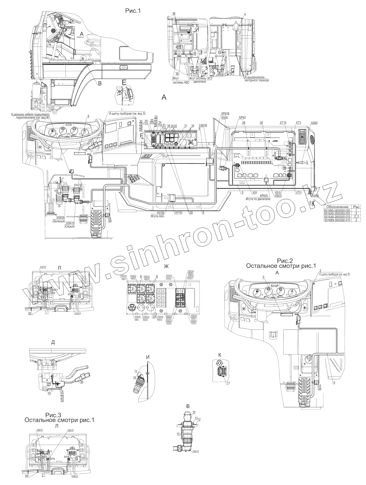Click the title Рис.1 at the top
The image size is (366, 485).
(133, 11)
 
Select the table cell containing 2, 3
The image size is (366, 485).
(356, 217)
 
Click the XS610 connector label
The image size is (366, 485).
(70, 223)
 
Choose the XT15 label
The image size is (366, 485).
(283, 123)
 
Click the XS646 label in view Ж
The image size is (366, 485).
(137, 317)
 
